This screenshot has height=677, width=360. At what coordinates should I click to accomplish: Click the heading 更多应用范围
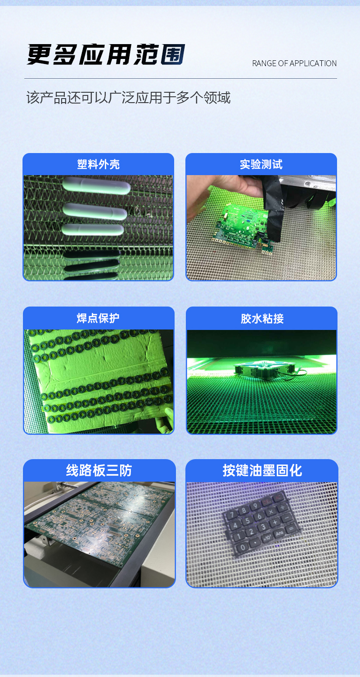tap(106, 55)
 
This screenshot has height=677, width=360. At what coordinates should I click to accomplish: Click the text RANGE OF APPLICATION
tap(294, 63)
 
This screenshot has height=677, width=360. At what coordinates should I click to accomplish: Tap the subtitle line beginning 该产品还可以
tap(128, 98)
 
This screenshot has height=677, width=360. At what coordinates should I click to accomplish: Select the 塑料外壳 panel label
tap(98, 164)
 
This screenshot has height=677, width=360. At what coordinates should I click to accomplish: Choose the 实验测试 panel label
tap(261, 164)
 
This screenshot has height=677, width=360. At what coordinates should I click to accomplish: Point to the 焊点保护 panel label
tap(98, 318)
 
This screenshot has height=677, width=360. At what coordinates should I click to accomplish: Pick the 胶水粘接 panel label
tap(262, 319)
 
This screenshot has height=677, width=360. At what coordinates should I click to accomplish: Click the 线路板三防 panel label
tap(99, 471)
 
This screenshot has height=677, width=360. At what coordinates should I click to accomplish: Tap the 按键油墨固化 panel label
tap(262, 471)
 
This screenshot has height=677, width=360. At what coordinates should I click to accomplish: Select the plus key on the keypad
tap(275, 522)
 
